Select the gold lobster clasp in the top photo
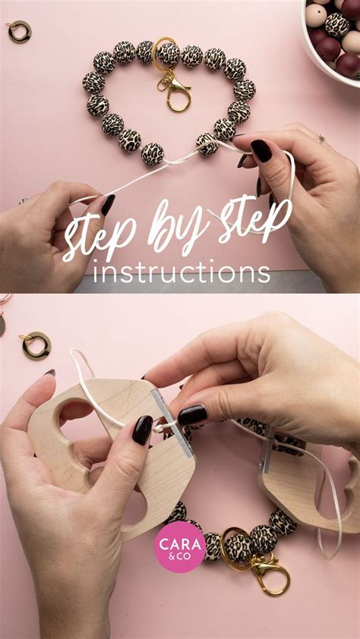175,91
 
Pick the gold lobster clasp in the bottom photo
270,568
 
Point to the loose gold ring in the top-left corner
17,31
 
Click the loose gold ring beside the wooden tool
35,345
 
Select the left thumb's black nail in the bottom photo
142,430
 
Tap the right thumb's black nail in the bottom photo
192,414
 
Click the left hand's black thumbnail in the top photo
108,204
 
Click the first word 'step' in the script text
99,235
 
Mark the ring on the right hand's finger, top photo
321,139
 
